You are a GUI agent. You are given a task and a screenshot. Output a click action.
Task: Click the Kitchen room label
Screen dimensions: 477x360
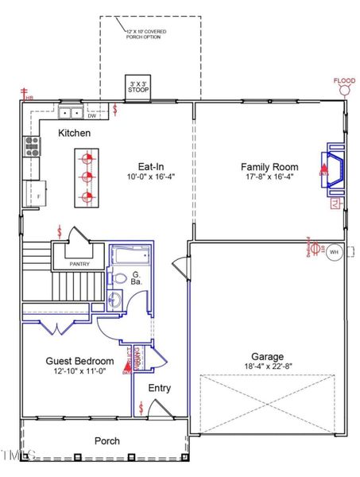point(74,134)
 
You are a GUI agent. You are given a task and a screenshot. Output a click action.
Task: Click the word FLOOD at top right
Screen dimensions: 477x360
point(344,80)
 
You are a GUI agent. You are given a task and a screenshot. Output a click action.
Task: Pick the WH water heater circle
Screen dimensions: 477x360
point(334,251)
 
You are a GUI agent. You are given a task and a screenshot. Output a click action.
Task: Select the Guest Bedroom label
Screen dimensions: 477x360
point(79,361)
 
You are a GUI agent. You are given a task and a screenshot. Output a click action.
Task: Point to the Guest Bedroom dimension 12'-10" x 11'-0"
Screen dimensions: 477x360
point(79,371)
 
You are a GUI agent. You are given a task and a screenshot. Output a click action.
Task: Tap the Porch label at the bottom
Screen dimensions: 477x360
point(106,440)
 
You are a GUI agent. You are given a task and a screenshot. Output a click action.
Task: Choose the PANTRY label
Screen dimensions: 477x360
point(79,264)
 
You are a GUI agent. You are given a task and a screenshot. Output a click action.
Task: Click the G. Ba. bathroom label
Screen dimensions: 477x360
point(136,280)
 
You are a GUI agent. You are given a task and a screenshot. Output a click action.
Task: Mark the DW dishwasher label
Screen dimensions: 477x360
point(92,116)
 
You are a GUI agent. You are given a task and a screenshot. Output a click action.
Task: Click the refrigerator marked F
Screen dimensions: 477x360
point(36,192)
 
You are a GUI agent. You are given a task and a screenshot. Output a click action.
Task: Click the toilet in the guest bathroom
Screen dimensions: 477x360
point(119,279)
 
